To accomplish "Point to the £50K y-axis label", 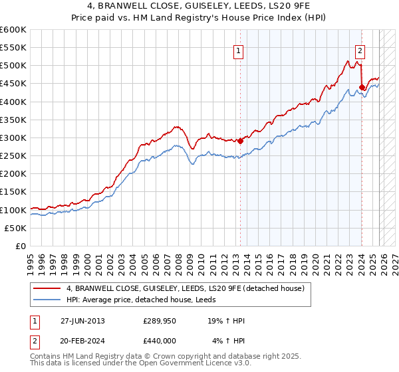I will [15, 228].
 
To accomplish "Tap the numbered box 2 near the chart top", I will [360, 49].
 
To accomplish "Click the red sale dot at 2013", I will [241, 141].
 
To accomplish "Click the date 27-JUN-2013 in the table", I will [82, 321].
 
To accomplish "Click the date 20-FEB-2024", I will [82, 341].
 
